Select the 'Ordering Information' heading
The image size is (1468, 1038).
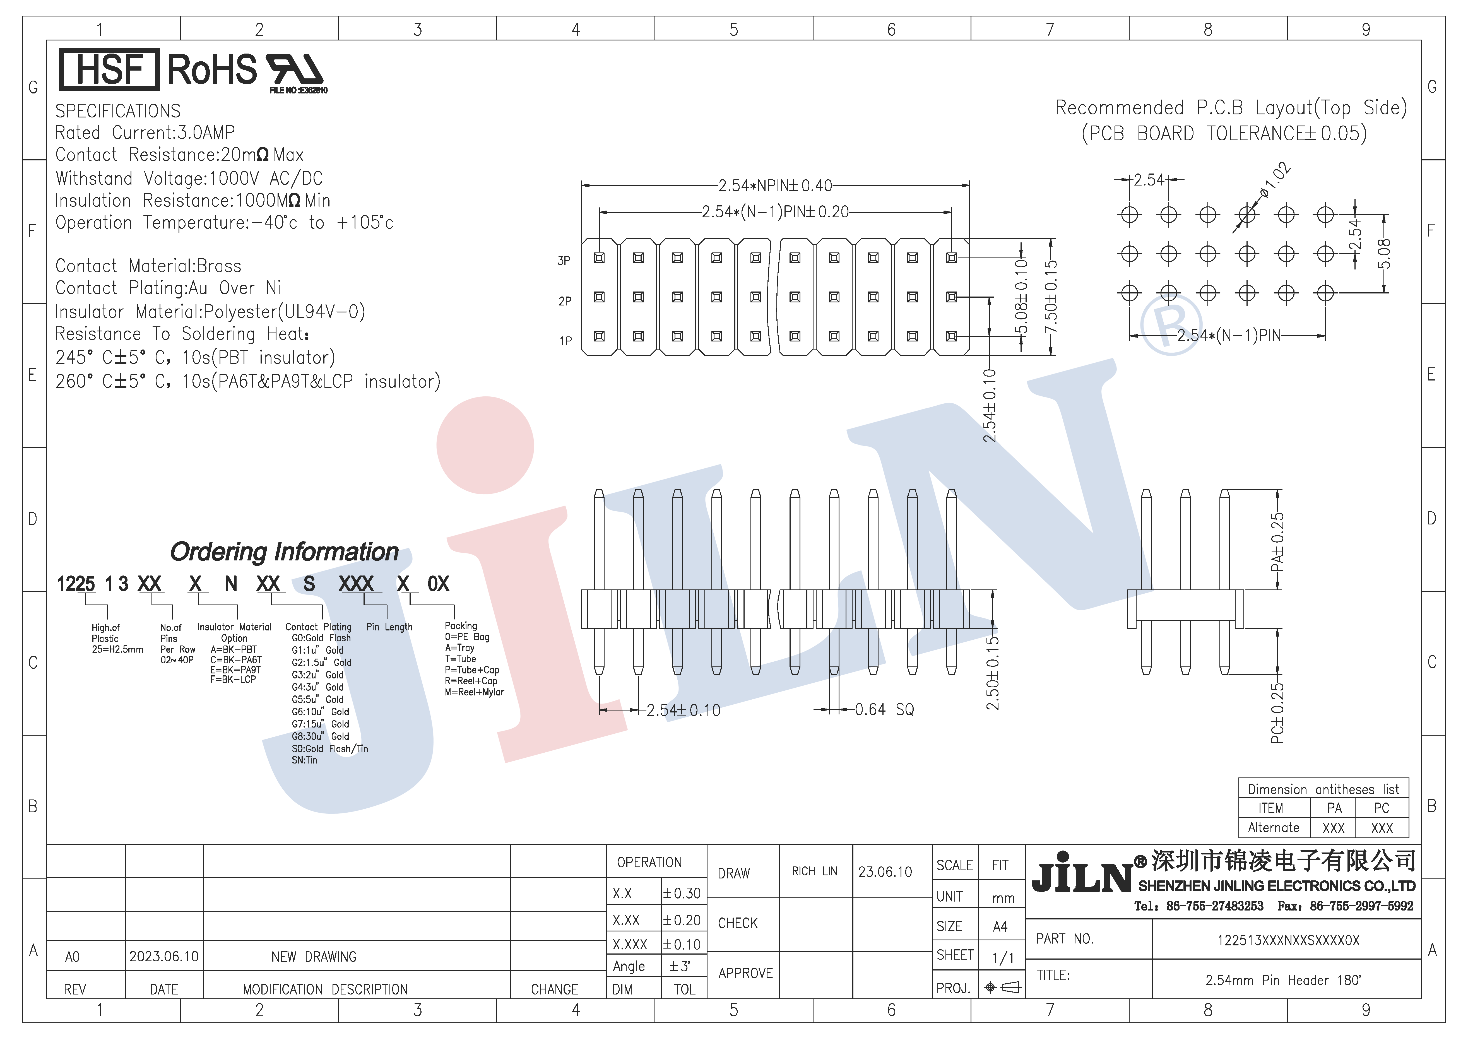(x=285, y=551)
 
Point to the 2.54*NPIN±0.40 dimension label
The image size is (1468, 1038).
(x=775, y=185)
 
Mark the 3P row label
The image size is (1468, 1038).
(x=564, y=261)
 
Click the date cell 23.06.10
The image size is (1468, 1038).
(x=885, y=872)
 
